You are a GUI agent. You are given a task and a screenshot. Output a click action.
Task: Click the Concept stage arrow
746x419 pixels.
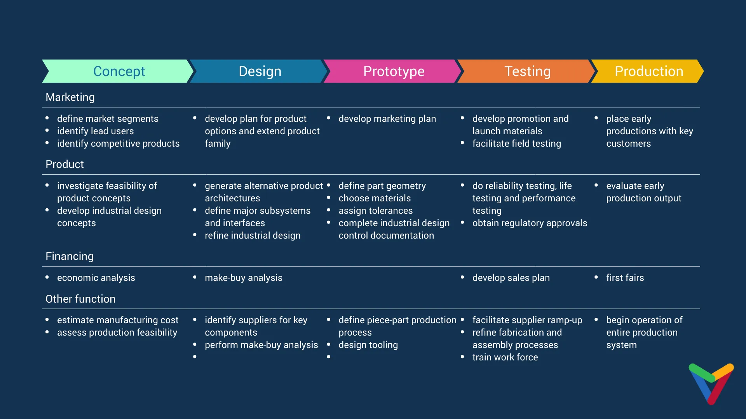coord(119,71)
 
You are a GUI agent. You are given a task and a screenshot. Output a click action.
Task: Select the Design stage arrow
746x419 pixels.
coord(260,71)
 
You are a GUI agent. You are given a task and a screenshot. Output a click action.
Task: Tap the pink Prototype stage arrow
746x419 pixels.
coord(393,71)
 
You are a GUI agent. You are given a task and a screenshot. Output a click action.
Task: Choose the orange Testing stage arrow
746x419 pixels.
coord(527,71)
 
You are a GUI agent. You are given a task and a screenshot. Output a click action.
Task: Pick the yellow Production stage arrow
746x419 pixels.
coord(648,71)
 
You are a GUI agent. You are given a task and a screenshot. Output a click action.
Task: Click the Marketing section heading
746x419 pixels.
coord(70,97)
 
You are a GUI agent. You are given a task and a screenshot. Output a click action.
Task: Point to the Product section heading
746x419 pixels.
coord(64,164)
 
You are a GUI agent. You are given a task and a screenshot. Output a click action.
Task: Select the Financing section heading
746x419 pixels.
coord(70,256)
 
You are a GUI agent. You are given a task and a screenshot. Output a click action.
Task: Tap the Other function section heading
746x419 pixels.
coord(80,299)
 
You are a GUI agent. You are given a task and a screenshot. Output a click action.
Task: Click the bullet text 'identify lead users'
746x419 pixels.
coord(95,131)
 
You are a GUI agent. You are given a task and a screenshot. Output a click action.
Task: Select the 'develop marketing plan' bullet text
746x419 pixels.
coord(387,119)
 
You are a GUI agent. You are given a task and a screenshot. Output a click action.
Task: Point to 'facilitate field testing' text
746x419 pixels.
coord(516,144)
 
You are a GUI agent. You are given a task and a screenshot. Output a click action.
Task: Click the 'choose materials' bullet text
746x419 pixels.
coord(374,198)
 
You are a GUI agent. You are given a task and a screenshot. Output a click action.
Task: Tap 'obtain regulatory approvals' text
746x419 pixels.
coord(529,223)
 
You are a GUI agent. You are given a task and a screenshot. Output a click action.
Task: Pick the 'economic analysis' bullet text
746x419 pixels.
coord(96,278)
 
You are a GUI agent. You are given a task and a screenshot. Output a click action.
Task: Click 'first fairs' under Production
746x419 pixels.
coord(625,278)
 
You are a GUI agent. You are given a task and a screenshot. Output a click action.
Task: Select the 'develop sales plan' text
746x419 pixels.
coord(511,278)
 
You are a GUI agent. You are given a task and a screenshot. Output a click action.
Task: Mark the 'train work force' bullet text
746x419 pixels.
coord(505,357)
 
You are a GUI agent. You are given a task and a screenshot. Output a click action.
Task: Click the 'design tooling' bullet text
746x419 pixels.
coord(368,345)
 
